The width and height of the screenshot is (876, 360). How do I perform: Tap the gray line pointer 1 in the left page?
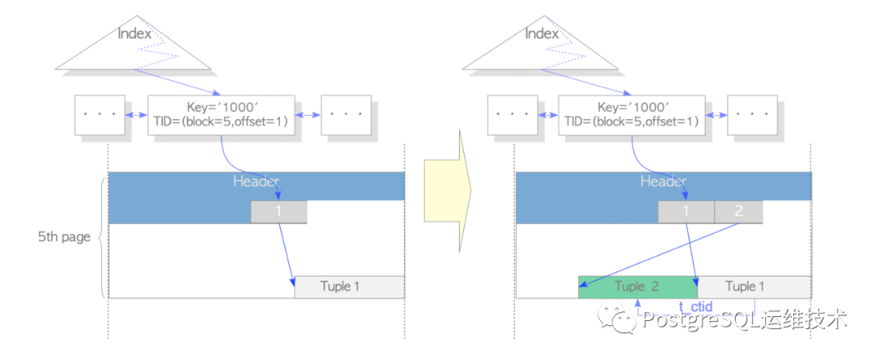(x=278, y=212)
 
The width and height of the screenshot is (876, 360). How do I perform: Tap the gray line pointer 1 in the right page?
(x=685, y=212)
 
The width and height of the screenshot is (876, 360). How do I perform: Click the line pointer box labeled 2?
(x=738, y=212)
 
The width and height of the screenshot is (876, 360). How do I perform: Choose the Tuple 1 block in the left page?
(x=349, y=287)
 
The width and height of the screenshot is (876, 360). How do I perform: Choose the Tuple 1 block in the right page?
(x=754, y=287)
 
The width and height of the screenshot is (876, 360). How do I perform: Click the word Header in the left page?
(x=256, y=181)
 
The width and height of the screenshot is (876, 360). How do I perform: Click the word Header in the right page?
(x=663, y=181)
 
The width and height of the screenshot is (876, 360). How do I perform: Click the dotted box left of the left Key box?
(x=100, y=115)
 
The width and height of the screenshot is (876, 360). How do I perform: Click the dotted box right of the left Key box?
(x=346, y=115)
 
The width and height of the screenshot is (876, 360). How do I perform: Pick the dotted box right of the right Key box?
(x=754, y=115)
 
